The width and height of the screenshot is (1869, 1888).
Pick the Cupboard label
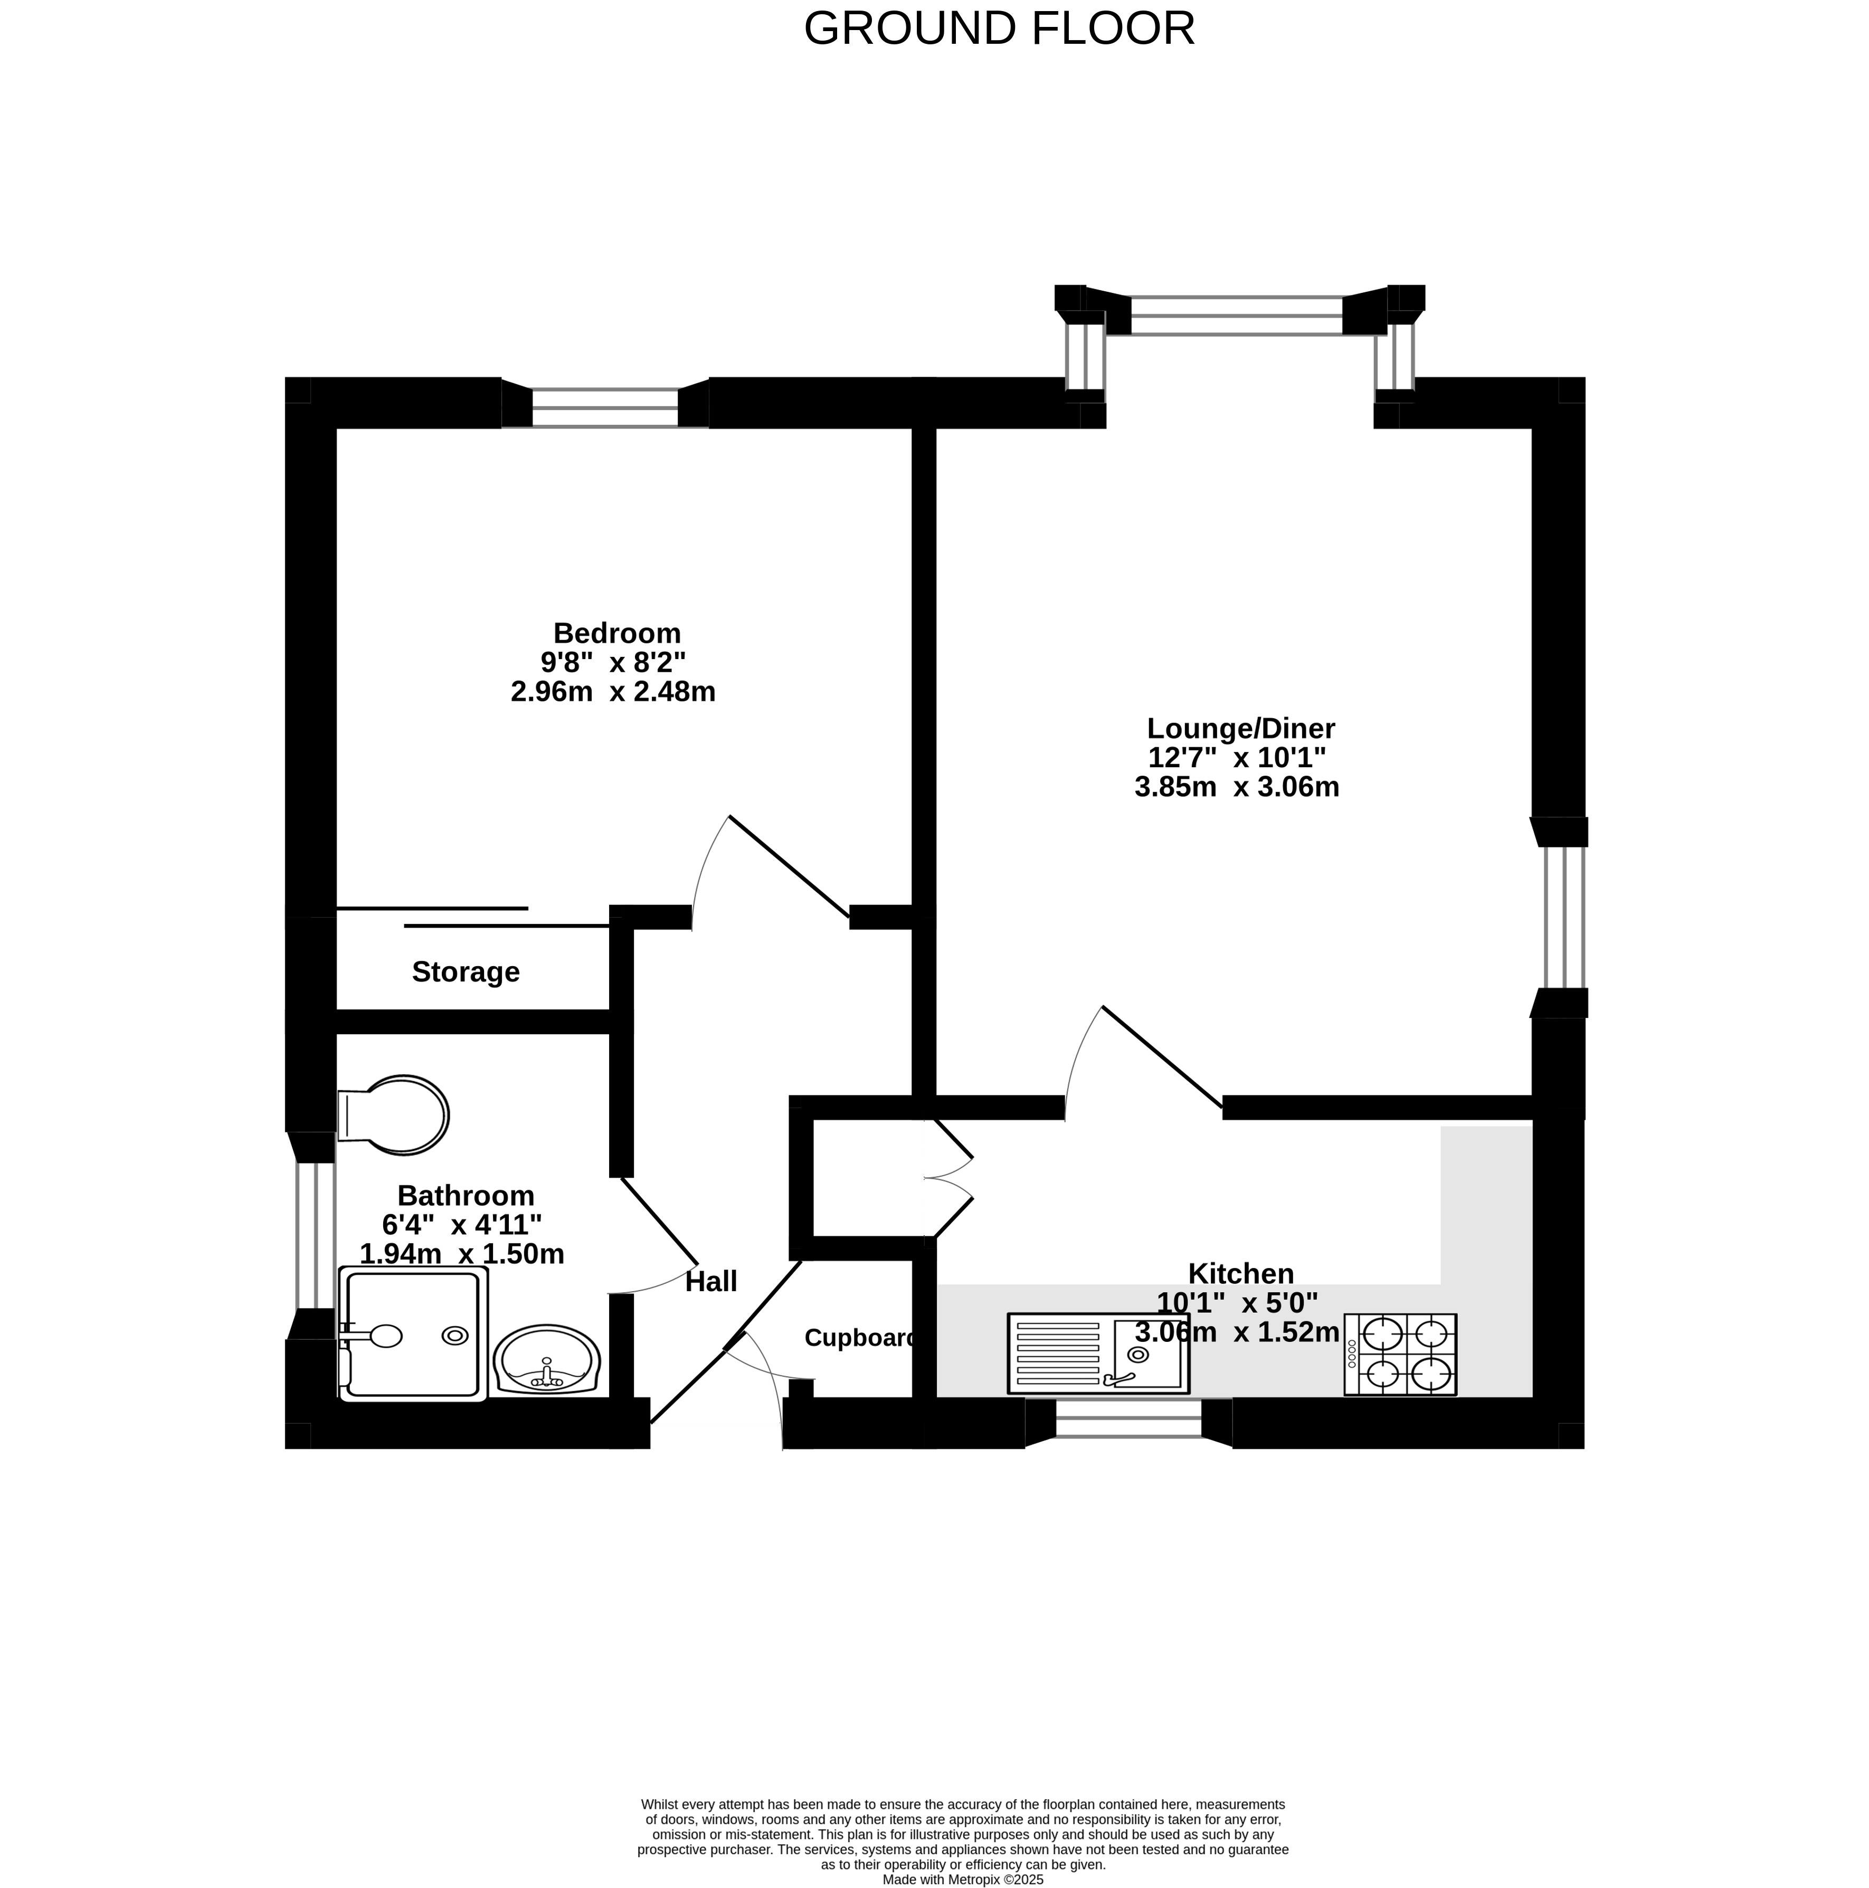coord(860,1338)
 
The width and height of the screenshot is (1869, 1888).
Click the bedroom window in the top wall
coord(604,406)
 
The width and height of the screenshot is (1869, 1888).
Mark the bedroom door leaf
coord(789,867)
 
